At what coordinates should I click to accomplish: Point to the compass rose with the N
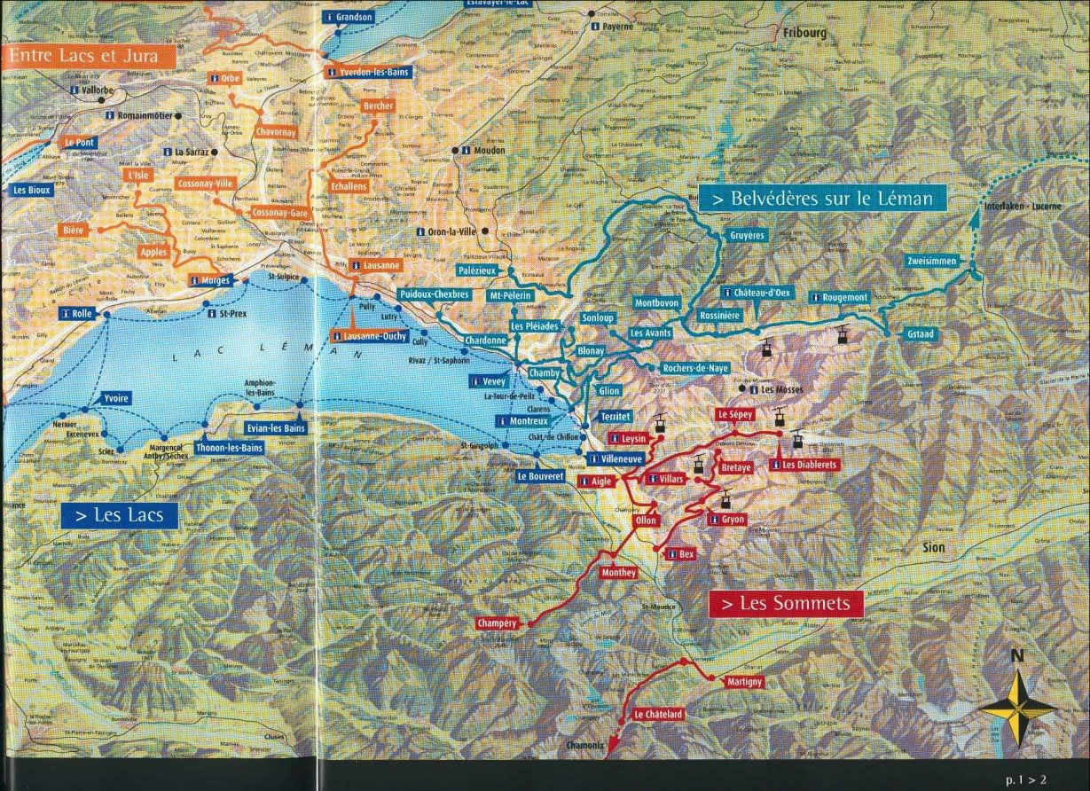(1019, 705)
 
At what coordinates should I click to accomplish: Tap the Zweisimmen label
(933, 261)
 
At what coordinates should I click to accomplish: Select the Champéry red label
(497, 623)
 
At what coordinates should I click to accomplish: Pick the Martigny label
(744, 681)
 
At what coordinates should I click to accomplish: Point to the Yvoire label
(115, 398)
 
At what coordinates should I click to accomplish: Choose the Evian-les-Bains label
(276, 428)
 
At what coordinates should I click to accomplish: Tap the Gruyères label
(747, 236)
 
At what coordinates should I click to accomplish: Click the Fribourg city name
(804, 32)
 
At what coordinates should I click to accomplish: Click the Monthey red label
(618, 573)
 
